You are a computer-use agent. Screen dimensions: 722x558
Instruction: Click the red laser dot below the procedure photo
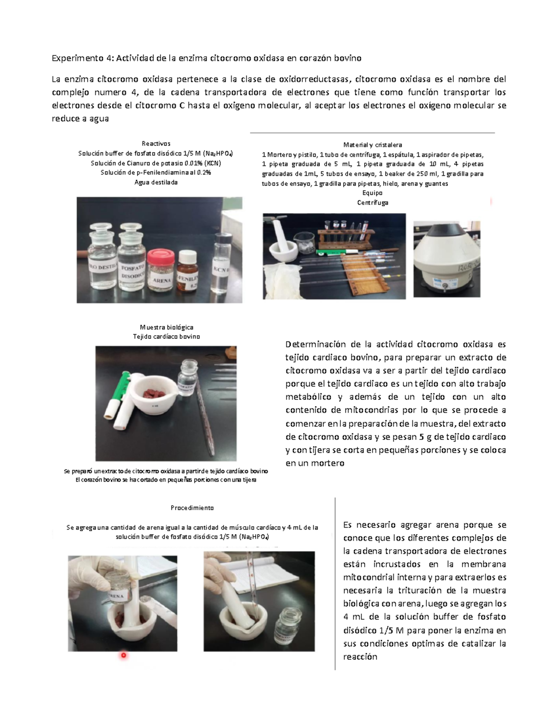click(x=124, y=656)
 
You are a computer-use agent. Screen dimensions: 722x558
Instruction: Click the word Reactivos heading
click(x=156, y=144)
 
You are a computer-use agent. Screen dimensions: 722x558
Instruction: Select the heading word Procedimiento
click(x=192, y=508)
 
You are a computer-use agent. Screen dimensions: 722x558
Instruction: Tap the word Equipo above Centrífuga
click(x=372, y=193)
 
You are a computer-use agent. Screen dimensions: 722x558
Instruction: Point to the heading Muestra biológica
click(x=166, y=327)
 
